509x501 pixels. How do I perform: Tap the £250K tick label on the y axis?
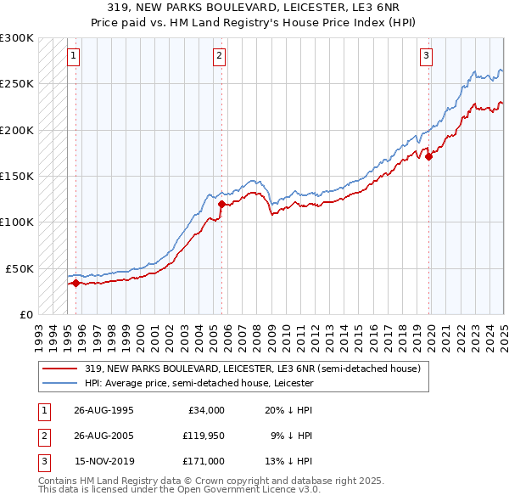pos(17,84)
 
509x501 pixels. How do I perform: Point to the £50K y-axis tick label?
pos(20,268)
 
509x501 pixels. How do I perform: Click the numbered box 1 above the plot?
pos(73,57)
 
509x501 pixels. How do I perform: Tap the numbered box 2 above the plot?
pos(219,57)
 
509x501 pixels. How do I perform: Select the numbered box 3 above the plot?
pos(425,57)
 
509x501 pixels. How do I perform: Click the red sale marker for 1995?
pos(76,283)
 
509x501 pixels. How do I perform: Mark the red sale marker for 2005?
pos(222,204)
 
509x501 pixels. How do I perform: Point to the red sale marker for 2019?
pos(429,156)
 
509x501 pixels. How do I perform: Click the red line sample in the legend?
pos(61,369)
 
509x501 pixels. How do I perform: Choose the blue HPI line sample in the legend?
pos(61,383)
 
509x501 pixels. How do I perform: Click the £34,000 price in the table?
pos(205,410)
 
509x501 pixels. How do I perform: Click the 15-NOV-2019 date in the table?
pos(103,461)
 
